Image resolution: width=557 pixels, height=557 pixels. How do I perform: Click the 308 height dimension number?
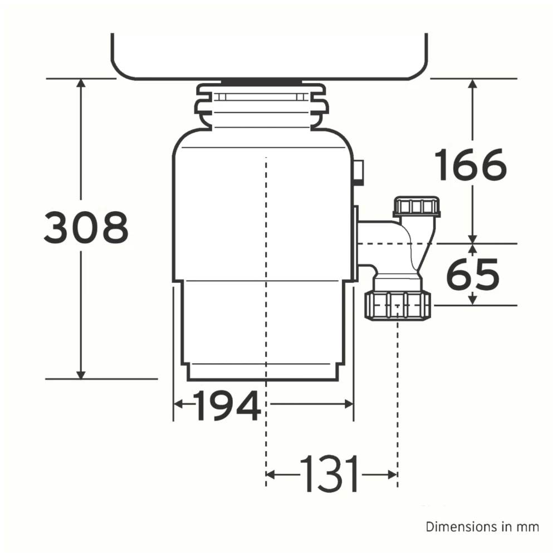tap(86, 228)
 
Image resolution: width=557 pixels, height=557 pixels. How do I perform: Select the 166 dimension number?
tap(471, 165)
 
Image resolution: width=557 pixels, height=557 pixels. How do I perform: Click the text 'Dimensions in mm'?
tap(482, 526)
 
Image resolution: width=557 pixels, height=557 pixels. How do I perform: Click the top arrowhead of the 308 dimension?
tap(82, 84)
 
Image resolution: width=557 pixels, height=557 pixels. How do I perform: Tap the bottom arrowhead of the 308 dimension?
tap(82, 374)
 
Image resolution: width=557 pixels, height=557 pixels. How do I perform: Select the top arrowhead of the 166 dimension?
tap(473, 84)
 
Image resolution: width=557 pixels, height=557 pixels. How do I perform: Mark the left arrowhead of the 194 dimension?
tap(178, 404)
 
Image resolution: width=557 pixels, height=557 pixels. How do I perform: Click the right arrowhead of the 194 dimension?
tap(349, 404)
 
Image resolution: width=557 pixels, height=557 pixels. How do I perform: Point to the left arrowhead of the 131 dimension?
tap(271, 475)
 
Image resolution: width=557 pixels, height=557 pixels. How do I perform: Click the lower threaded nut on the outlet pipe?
tap(398, 305)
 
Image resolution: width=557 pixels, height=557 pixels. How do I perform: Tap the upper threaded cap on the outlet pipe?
tap(417, 207)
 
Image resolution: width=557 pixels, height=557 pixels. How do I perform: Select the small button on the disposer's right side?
tap(360, 172)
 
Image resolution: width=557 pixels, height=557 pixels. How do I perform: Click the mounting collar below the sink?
tap(261, 106)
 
